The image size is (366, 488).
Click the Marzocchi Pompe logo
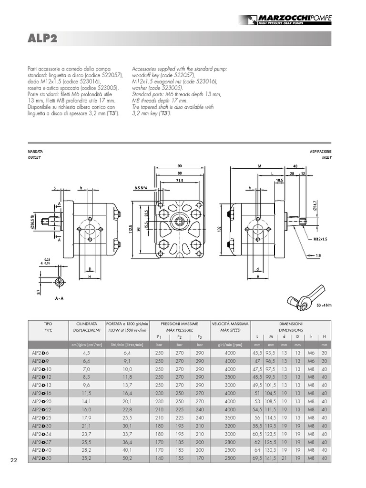click(285, 20)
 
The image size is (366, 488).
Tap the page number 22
click(14, 460)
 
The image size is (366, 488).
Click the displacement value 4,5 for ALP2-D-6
click(86, 353)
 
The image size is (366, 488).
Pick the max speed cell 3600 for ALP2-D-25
click(230, 417)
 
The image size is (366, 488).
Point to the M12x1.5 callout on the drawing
click(322, 239)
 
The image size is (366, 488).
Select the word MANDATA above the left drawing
click(36, 151)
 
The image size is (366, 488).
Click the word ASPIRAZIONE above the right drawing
click(320, 151)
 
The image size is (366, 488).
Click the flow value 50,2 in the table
click(127, 458)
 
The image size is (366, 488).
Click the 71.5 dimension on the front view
click(180, 181)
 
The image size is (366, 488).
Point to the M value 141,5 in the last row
click(271, 458)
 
